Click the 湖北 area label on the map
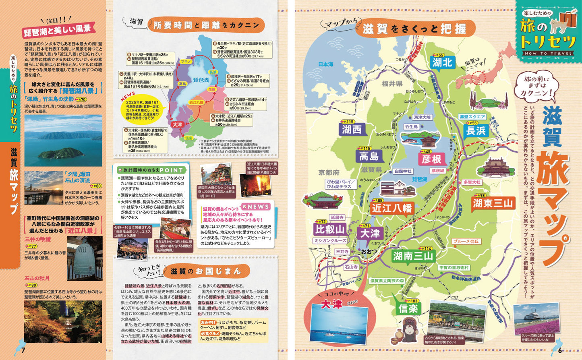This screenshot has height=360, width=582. pos(443,62)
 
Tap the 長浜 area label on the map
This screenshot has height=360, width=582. pos(476,130)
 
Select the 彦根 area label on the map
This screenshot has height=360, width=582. pos(432,159)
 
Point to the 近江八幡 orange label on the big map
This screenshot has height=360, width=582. pos(391,208)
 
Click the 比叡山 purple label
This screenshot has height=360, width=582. pos(330,230)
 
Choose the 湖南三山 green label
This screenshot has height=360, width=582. pos(413,256)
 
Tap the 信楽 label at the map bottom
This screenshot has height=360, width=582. pos(408,308)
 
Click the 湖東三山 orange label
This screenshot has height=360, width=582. pos(493,203)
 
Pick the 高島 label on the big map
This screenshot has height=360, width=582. pos(369,156)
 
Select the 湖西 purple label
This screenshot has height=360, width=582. pos(352,129)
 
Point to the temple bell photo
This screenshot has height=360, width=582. pos(85,258)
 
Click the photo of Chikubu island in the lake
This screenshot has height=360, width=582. pos(63,141)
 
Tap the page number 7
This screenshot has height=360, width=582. pos(23,350)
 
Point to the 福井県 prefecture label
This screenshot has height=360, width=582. pos(392,84)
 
